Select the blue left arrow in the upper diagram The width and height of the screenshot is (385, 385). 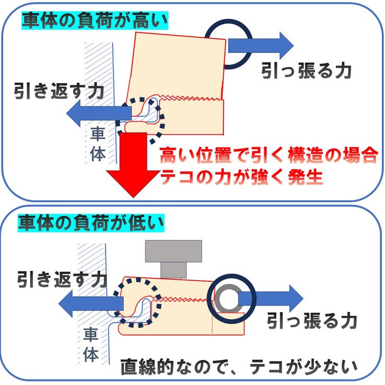[97, 112]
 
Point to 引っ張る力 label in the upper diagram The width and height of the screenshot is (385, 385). [306, 70]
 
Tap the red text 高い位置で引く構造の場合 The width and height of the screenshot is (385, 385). [268, 157]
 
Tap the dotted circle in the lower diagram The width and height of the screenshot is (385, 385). [138, 302]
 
